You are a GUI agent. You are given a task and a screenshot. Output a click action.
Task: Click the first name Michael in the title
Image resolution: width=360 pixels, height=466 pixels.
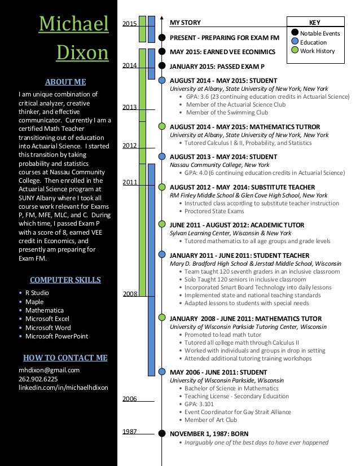point(73,24)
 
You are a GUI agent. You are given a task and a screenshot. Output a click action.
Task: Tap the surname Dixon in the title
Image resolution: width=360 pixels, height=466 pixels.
point(83,52)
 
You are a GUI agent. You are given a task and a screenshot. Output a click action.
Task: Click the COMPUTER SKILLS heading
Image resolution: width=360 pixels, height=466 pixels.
point(65,279)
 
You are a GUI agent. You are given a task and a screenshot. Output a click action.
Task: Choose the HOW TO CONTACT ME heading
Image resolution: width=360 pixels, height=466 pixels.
point(65,357)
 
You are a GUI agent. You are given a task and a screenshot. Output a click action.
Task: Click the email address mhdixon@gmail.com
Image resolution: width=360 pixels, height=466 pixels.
point(49,370)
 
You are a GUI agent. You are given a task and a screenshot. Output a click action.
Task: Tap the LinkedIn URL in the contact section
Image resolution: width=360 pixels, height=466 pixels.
point(63,388)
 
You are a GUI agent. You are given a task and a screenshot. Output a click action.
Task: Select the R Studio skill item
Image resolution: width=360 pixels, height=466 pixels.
point(38,293)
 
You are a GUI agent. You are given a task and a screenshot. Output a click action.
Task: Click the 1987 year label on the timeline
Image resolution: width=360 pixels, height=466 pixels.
point(130,431)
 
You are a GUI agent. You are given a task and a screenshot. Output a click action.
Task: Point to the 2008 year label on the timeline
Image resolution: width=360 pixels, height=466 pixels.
point(130,294)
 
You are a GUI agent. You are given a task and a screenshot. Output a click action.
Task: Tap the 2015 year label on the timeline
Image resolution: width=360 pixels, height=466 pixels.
point(130,24)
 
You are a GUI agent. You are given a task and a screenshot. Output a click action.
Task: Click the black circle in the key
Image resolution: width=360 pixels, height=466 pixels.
point(295,33)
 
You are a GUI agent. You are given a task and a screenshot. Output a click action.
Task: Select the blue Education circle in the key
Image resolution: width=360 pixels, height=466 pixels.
point(295,42)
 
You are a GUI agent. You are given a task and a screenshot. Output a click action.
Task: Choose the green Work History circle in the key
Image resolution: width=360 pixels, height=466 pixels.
point(295,51)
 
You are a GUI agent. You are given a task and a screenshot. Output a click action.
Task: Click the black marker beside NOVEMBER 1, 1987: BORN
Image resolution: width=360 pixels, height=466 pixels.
point(162,434)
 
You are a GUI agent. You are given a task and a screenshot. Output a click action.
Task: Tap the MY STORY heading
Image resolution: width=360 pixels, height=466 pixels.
point(185,23)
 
